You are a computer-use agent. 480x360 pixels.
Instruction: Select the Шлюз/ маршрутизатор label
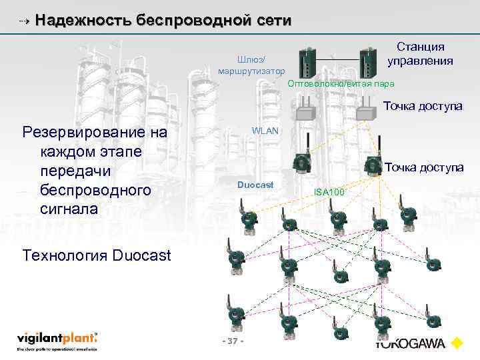[251, 64]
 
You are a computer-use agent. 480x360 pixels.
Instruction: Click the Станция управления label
[420, 53]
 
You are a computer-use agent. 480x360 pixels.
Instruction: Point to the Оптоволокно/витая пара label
[341, 84]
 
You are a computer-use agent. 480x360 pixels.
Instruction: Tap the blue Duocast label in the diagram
[255, 184]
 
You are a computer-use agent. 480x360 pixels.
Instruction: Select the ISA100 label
[329, 193]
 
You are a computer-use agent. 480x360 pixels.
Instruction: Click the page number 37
[233, 341]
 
